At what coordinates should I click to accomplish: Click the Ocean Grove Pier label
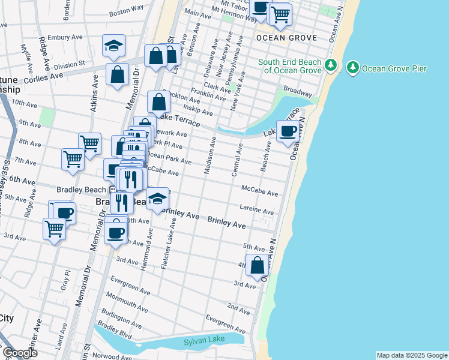(395, 68)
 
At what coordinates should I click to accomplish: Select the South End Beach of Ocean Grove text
(291, 66)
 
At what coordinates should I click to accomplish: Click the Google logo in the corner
(20, 353)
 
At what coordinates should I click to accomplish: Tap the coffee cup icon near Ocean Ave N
(288, 131)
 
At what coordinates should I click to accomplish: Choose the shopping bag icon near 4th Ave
(257, 266)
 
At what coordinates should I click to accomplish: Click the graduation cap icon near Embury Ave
(112, 46)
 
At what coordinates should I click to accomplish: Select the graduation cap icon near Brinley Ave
(157, 199)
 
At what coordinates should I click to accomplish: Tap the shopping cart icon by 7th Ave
(73, 160)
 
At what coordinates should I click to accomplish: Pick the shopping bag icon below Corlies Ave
(117, 75)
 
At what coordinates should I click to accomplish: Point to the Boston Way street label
(127, 10)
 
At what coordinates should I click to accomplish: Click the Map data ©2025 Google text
(412, 355)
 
